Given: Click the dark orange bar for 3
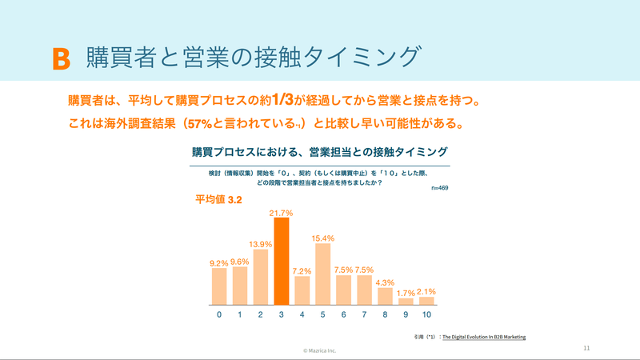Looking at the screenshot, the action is click(282, 262).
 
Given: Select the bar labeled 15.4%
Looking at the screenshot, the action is click(323, 274).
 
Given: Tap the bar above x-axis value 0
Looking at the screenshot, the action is click(219, 286).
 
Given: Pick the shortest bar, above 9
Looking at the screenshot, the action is click(406, 302).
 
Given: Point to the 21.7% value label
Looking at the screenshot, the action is click(282, 213).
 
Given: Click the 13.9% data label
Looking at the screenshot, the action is click(261, 245).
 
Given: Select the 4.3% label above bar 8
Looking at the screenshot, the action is click(385, 283).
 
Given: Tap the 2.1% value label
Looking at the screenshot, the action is click(426, 292).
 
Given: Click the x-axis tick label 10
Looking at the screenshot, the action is click(426, 314).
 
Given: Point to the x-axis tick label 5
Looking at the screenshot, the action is click(323, 314).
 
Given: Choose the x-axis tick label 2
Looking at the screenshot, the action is click(261, 314).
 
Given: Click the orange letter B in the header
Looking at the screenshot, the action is click(62, 59).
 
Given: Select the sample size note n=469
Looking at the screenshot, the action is click(439, 188).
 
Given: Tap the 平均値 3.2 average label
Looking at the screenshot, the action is click(218, 199).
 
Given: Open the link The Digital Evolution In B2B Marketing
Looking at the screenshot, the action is click(484, 337).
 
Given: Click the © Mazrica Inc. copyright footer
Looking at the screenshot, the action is click(319, 350).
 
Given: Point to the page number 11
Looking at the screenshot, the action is click(586, 348).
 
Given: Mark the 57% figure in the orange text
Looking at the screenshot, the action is click(199, 124).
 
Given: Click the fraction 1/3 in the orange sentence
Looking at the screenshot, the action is click(282, 99).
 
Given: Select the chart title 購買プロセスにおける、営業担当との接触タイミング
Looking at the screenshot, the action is click(320, 152).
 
